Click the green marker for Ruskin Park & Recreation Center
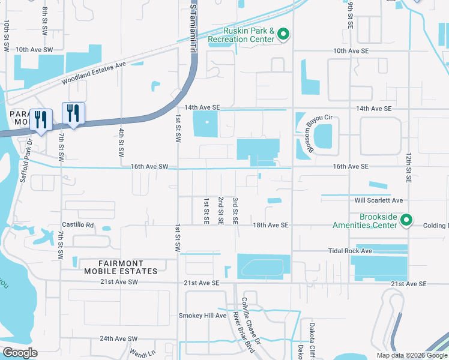click(x=283, y=35)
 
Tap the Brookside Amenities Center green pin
click(x=406, y=221)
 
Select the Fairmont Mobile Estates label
click(x=121, y=267)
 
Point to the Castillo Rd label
click(x=77, y=225)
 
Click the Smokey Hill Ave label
click(x=202, y=316)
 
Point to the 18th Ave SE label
click(x=271, y=225)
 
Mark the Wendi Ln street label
click(x=143, y=353)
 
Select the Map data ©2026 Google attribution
click(x=411, y=355)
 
